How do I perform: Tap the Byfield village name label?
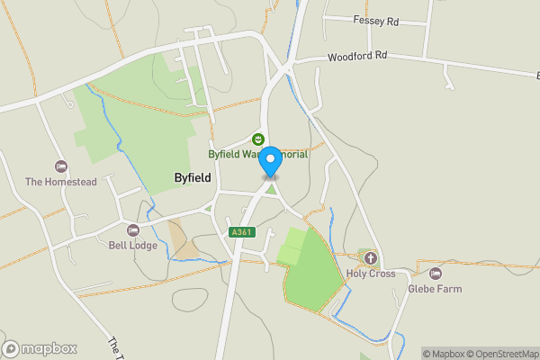point(193,178)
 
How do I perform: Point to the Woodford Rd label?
point(357,55)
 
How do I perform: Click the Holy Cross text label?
point(371,274)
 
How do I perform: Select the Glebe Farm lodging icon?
point(436,273)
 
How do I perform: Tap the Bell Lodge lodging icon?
point(133,230)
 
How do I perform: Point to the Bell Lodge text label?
point(133,246)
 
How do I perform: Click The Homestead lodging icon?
point(60,166)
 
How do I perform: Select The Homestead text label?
point(60,182)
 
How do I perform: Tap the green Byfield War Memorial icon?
point(258,139)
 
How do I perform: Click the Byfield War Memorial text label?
point(258,154)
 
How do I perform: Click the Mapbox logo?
point(40,348)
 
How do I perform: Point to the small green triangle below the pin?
point(270,189)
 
